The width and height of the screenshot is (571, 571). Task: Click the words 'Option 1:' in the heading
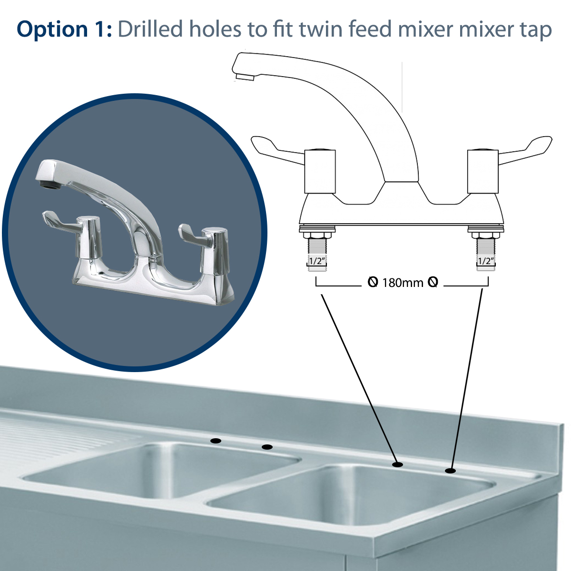click(x=64, y=30)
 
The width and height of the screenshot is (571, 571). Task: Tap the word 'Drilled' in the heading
click(x=150, y=30)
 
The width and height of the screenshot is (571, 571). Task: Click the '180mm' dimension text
click(x=403, y=283)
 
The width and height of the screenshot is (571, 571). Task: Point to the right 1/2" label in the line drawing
click(x=486, y=261)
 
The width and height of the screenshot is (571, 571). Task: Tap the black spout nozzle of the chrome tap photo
click(x=46, y=183)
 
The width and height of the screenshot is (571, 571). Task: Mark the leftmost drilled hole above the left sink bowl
click(x=216, y=441)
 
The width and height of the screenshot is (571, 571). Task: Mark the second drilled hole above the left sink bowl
click(x=267, y=447)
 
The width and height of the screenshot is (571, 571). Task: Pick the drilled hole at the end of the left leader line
click(x=397, y=464)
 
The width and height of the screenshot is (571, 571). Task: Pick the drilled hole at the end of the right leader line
click(x=450, y=471)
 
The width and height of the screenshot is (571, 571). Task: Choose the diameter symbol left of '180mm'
click(x=373, y=283)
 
